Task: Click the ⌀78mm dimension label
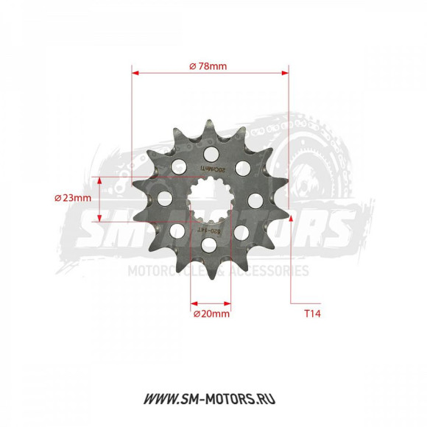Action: [208, 66]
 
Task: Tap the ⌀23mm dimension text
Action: [73, 198]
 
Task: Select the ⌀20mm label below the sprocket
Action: [211, 313]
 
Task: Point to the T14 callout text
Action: [313, 313]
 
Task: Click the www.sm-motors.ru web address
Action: [213, 398]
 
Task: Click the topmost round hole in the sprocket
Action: [212, 154]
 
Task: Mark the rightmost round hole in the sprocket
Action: [256, 199]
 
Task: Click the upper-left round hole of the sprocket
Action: [178, 167]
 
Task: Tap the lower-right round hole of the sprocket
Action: [243, 231]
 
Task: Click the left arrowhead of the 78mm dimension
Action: [135, 73]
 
